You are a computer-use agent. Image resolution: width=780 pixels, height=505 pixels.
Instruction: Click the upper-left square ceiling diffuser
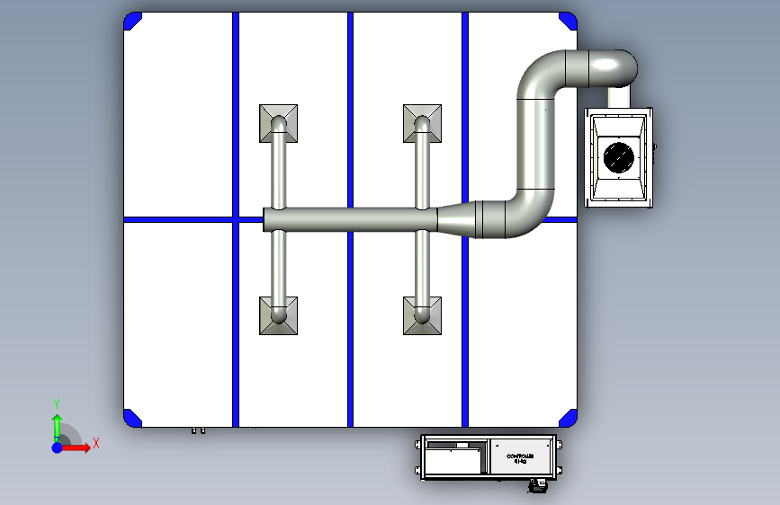(279, 122)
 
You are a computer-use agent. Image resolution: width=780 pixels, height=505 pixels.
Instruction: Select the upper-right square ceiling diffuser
(422, 122)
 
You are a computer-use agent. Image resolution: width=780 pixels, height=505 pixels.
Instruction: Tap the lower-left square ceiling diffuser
(279, 315)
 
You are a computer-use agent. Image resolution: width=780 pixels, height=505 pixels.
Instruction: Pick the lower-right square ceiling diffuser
(422, 315)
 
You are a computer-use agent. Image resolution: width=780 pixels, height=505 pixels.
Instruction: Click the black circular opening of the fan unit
(619, 156)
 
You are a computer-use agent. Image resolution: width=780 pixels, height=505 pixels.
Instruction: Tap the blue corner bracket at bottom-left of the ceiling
(132, 417)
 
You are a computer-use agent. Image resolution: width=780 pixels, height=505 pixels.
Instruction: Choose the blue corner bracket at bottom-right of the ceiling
(569, 417)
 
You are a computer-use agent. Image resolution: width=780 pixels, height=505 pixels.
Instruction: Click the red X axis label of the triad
(95, 443)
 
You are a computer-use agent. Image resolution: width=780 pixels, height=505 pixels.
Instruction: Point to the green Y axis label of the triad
(56, 403)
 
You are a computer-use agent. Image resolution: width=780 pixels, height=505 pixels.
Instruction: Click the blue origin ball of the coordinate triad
(57, 447)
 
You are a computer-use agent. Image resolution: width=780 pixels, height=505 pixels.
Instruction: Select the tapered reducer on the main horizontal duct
(456, 218)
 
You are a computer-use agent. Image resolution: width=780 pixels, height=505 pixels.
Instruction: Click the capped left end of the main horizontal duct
(265, 219)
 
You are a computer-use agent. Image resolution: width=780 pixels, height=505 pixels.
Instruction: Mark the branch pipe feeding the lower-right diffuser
(422, 263)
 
